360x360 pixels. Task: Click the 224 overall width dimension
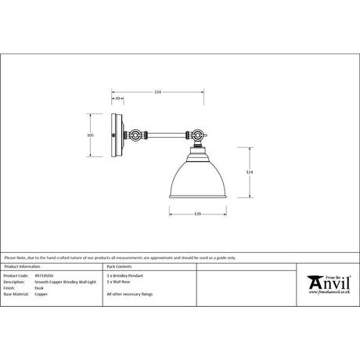157,92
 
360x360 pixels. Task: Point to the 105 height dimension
91,135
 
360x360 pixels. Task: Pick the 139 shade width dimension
197,214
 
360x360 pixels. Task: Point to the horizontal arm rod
165,135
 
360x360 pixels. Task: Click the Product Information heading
21,268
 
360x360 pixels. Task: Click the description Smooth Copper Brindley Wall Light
62,282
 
